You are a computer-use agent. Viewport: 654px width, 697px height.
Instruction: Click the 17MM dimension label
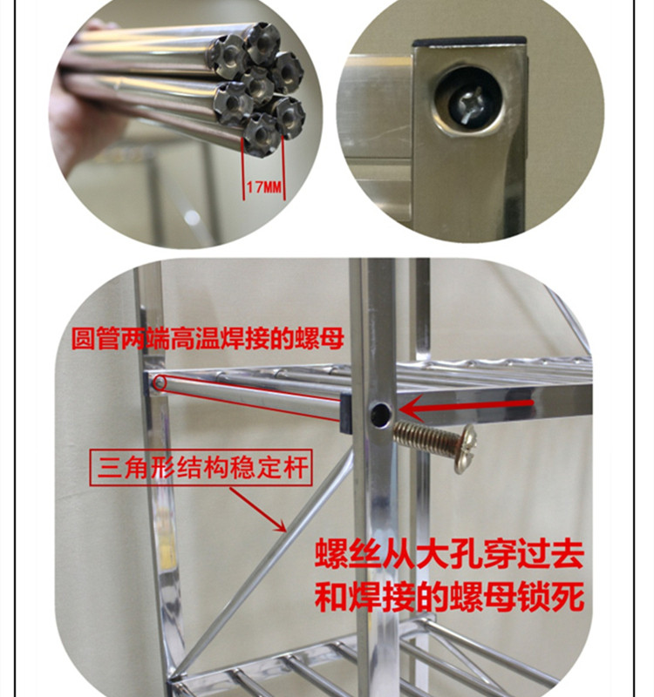pyautogui.click(x=264, y=187)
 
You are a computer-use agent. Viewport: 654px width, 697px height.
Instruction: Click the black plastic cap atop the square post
pyautogui.click(x=469, y=42)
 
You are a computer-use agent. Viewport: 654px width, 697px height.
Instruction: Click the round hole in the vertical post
pyautogui.click(x=380, y=415)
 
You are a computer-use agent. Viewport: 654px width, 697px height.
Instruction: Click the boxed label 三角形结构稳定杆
pyautogui.click(x=201, y=468)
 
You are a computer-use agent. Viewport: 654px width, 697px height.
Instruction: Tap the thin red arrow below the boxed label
pyautogui.click(x=258, y=510)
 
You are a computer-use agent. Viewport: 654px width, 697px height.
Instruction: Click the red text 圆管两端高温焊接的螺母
pyautogui.click(x=208, y=339)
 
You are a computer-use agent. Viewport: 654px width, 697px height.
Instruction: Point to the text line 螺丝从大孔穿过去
pyautogui.click(x=449, y=554)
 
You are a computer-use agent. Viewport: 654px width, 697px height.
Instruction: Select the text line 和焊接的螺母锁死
pyautogui.click(x=449, y=597)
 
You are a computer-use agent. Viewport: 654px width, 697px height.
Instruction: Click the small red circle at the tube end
pyautogui.click(x=160, y=383)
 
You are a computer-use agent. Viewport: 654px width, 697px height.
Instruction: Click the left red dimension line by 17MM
pyautogui.click(x=243, y=168)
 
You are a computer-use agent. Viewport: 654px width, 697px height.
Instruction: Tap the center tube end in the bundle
pyautogui.click(x=257, y=84)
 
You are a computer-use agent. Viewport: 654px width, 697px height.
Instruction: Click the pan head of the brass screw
pyautogui.click(x=465, y=449)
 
